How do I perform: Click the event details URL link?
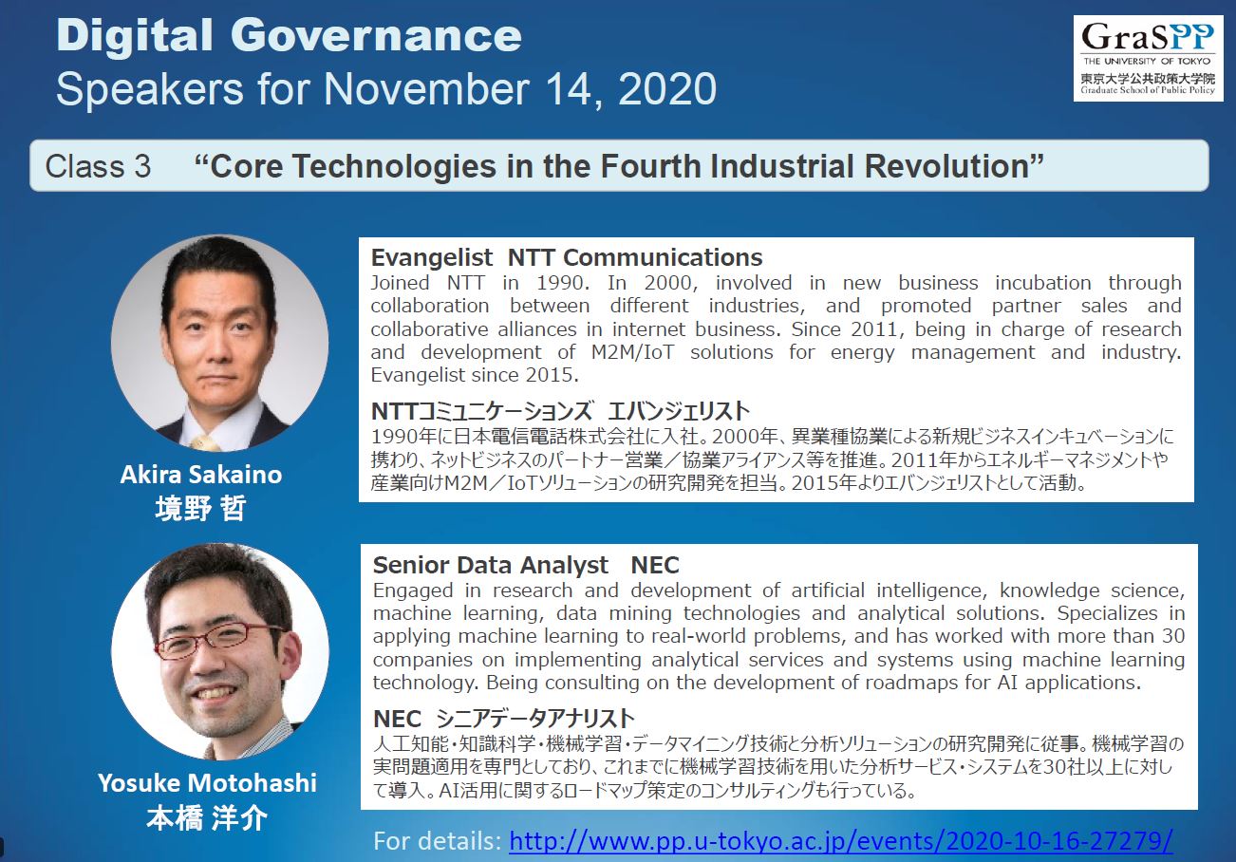point(840,841)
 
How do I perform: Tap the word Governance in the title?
point(376,36)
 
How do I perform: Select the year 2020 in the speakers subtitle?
point(667,88)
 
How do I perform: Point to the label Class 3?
point(98,166)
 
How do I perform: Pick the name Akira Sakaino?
point(201,474)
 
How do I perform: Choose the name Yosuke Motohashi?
point(208,782)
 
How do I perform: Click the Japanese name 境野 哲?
point(200,508)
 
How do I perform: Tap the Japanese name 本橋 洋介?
point(207,817)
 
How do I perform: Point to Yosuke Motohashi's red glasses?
point(219,640)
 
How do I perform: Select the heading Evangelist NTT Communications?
point(566,257)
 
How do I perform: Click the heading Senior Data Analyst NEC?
point(526,565)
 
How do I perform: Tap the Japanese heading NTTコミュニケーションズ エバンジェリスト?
point(560,411)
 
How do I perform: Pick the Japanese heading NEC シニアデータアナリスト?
point(504,719)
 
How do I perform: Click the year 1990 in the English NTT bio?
point(562,283)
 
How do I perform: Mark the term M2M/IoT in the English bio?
point(632,352)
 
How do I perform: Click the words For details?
point(437,841)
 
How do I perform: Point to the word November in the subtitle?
point(426,88)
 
